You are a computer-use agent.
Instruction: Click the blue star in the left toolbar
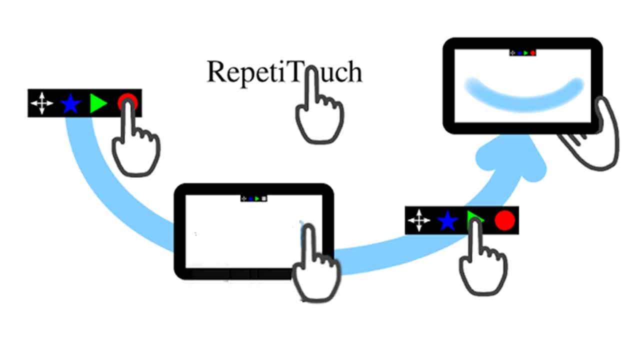[70, 104]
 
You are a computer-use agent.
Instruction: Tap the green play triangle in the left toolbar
[98, 103]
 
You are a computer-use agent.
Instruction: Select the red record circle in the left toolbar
[127, 102]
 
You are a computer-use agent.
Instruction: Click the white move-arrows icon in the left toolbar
[42, 104]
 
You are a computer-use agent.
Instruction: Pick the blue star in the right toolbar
[447, 220]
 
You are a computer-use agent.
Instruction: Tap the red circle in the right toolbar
[504, 220]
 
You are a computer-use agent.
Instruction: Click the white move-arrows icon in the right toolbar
[419, 220]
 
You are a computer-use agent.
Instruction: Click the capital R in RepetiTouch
[217, 72]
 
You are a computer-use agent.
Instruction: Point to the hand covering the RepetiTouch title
[318, 115]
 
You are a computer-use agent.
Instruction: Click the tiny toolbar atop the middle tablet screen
[253, 198]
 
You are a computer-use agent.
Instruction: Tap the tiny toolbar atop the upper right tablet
[522, 52]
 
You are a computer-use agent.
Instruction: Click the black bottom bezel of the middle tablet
[235, 274]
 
